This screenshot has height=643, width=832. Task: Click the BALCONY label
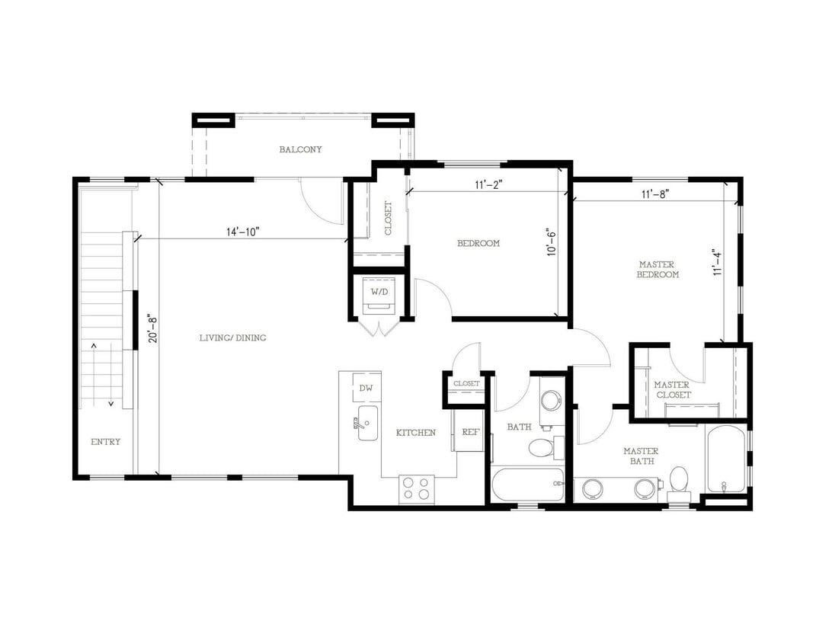click(x=300, y=149)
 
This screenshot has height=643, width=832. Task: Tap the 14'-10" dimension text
click(x=243, y=232)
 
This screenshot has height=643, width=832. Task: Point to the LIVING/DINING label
click(x=233, y=337)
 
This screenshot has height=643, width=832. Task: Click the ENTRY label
click(x=106, y=441)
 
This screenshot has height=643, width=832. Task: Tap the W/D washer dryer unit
click(x=379, y=296)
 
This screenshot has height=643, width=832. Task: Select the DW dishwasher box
click(x=366, y=388)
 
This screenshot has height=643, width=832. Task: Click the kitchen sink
click(x=367, y=422)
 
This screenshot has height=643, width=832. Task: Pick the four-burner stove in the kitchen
click(x=417, y=488)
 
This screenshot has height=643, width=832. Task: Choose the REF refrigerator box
click(x=470, y=432)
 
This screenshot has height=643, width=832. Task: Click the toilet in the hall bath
click(x=542, y=446)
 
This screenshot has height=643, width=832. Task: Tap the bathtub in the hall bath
click(x=527, y=485)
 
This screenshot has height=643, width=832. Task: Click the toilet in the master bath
click(x=679, y=481)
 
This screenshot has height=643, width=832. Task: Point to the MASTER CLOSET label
click(x=672, y=389)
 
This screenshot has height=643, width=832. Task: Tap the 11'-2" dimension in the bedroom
click(x=488, y=184)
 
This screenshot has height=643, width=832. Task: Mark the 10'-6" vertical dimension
click(x=552, y=242)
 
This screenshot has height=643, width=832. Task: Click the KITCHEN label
click(x=415, y=433)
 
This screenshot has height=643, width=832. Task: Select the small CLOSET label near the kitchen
click(x=466, y=383)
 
